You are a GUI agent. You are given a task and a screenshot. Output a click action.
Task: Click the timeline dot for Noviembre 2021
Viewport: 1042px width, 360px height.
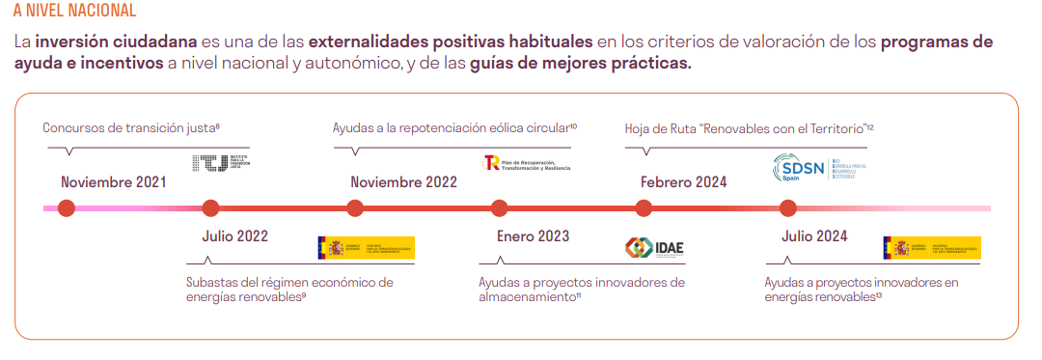pos(66,208)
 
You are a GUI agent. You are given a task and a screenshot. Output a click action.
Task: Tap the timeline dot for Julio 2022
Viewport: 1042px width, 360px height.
pos(210,208)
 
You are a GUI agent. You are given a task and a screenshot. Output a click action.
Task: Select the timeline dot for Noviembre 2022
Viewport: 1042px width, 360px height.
pos(355,208)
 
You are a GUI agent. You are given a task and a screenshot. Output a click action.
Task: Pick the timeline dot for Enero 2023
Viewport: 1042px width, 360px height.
pos(499,208)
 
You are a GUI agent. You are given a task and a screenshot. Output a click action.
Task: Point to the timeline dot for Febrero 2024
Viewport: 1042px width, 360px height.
pos(644,208)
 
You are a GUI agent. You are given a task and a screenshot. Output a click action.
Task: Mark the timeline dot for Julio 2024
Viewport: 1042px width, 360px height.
pos(788,208)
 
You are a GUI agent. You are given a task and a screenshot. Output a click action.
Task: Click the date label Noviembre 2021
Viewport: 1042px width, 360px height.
pos(113,181)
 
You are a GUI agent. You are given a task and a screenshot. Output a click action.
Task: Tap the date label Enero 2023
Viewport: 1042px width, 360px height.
pos(533,235)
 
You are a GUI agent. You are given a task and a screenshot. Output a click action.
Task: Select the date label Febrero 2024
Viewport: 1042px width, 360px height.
pos(683,181)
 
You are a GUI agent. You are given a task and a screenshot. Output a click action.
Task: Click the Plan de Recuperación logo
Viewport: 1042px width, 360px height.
pos(527,164)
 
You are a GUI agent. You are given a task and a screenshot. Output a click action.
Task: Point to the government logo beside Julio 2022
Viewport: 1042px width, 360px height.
pos(366,248)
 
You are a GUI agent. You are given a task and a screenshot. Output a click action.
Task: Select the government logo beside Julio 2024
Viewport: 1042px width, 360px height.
pos(932,248)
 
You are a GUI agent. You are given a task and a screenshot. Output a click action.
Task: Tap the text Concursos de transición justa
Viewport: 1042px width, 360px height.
pos(131,127)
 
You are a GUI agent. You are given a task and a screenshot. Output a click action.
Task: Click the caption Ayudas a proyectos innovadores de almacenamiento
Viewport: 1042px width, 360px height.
pos(581,289)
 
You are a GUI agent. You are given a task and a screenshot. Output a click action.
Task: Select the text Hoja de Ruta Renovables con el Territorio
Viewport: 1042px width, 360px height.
pos(749,127)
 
